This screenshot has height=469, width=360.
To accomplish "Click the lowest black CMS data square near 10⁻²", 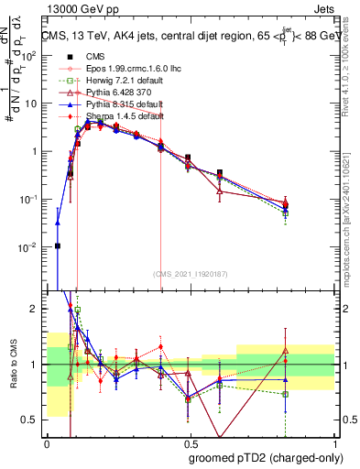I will [x=58, y=245].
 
